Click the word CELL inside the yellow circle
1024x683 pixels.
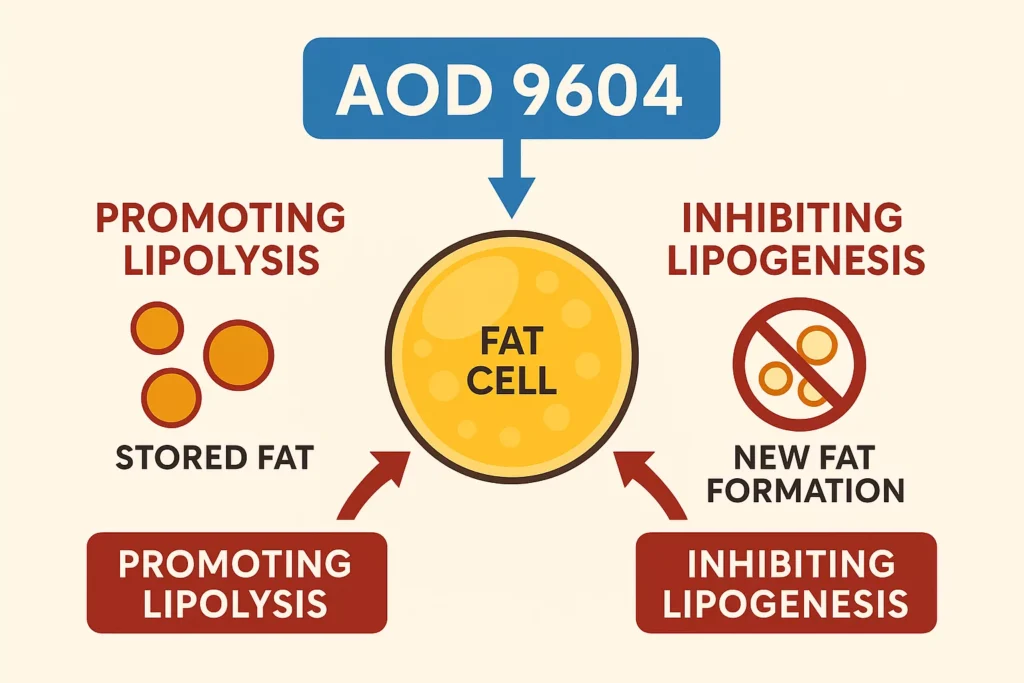coord(512,383)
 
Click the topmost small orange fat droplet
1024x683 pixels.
coord(158,328)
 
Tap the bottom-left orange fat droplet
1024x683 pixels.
coord(171,396)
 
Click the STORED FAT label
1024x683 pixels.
coord(214,458)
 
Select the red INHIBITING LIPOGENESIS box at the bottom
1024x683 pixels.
coord(785,582)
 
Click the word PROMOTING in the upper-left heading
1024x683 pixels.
coord(220,218)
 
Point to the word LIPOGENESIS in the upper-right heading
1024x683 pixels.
coord(795,259)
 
